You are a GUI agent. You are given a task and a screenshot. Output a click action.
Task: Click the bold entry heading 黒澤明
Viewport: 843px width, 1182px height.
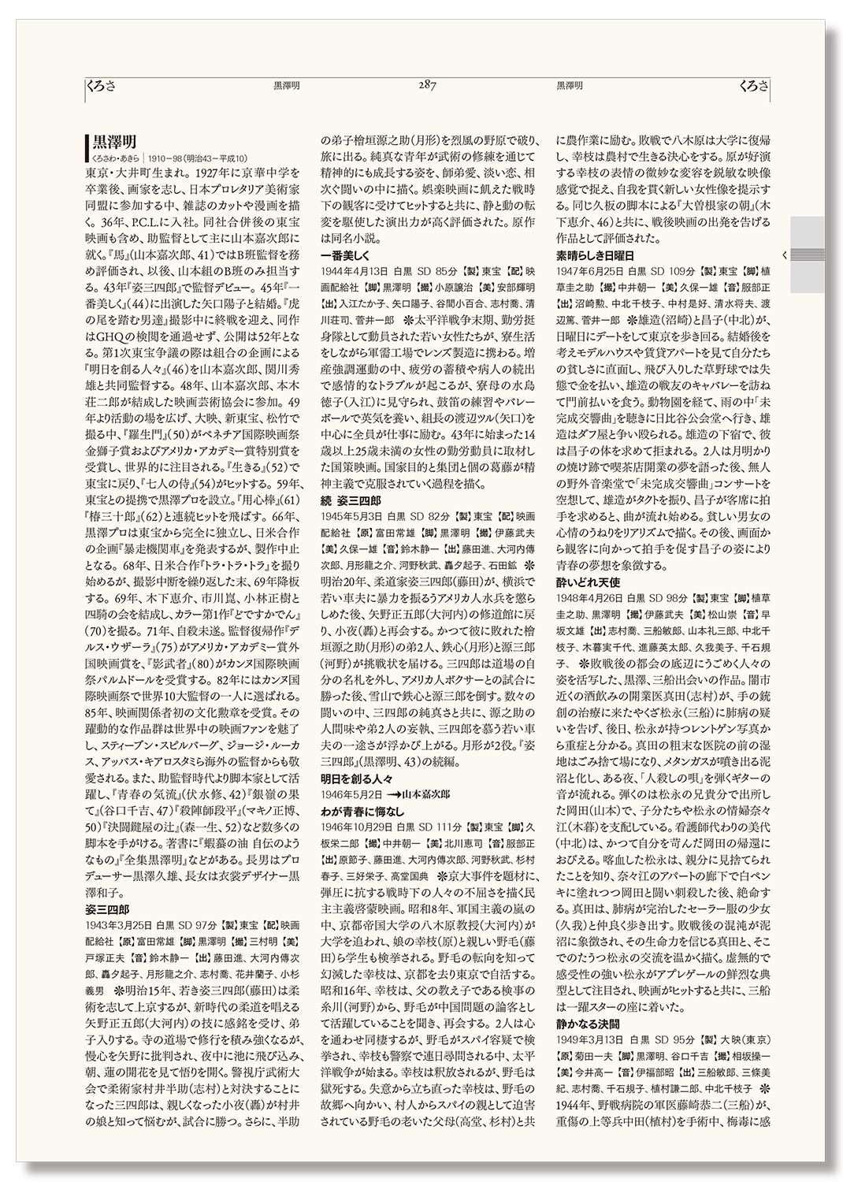115,142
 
